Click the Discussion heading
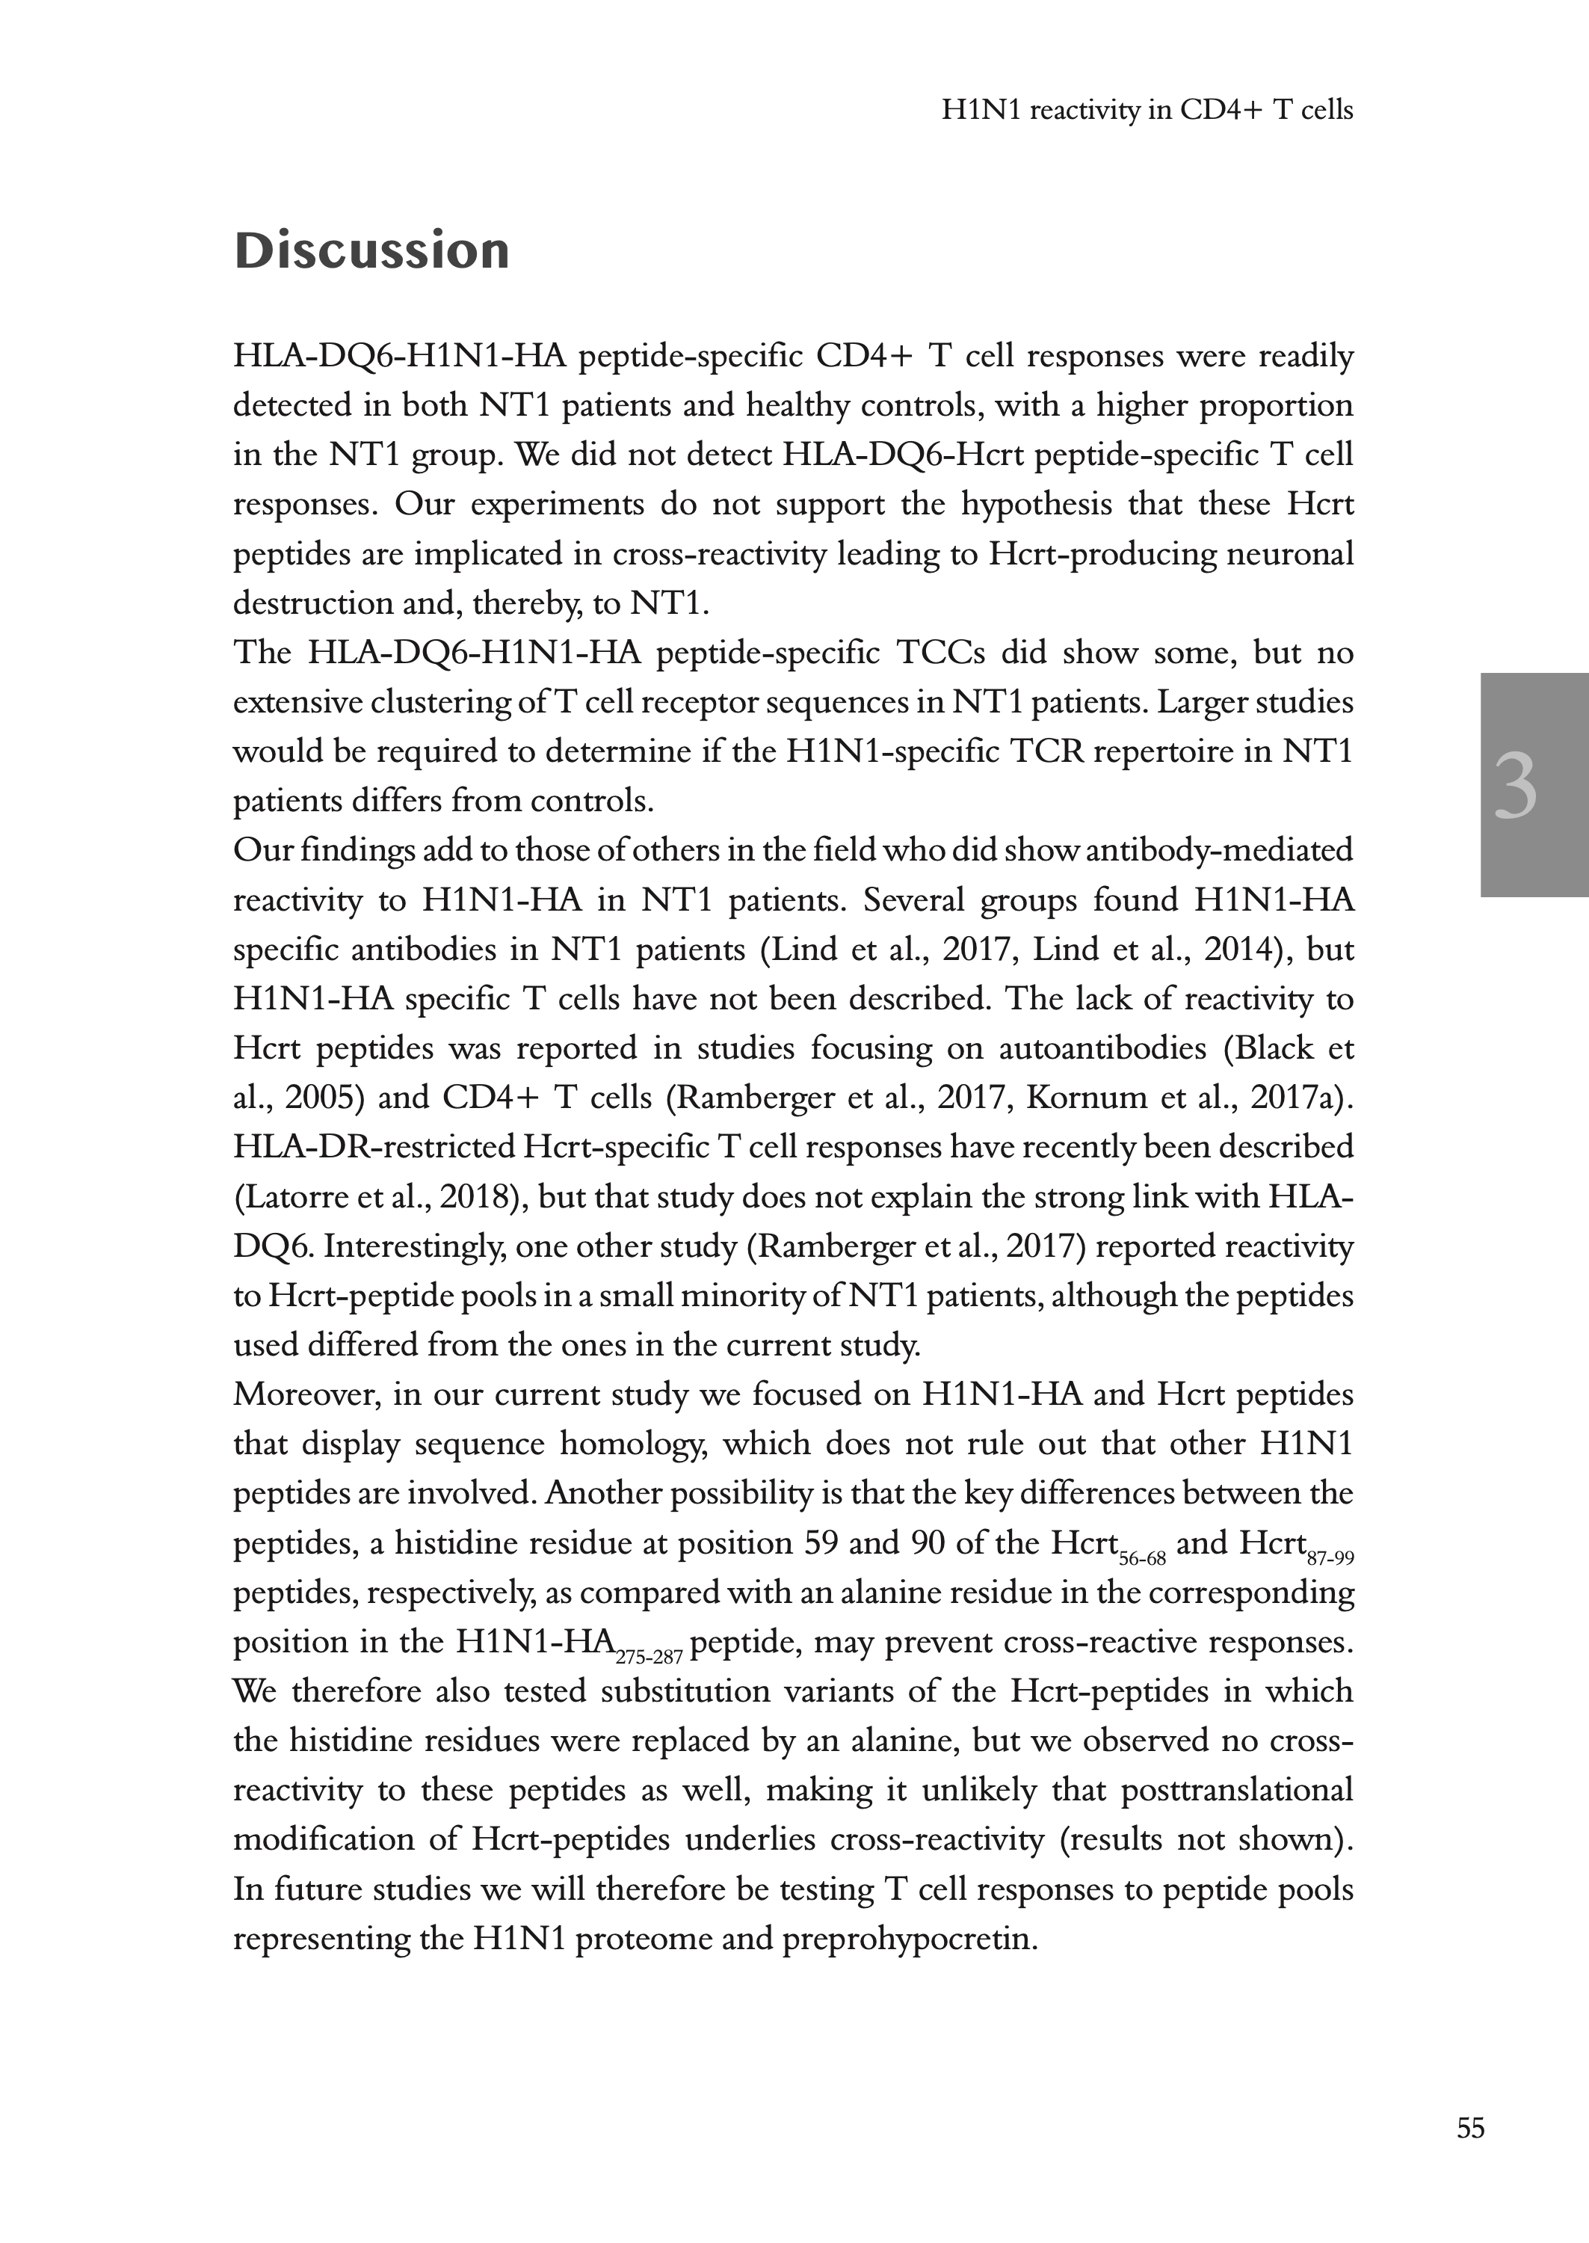371,250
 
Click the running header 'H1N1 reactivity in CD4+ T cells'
1147,111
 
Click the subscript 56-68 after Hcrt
1142,1559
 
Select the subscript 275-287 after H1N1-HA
649,1658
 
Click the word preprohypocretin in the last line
909,1939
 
